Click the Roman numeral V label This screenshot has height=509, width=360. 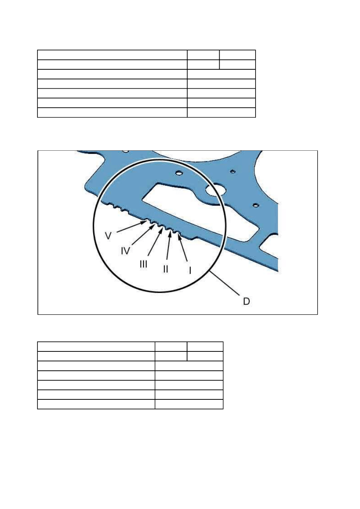(108, 236)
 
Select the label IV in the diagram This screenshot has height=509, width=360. (125, 251)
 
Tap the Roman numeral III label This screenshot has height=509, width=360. (144, 264)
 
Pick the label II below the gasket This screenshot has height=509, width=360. (166, 269)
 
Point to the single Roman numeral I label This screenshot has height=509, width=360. (190, 270)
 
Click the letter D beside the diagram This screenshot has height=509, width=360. (246, 301)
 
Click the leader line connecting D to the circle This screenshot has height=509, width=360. (225, 283)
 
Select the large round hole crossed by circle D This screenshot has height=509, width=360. (215, 189)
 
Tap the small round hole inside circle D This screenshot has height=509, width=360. (179, 173)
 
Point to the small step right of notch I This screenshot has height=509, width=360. (194, 238)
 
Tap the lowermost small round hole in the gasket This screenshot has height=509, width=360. (256, 205)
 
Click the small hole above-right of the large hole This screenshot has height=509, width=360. (233, 171)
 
